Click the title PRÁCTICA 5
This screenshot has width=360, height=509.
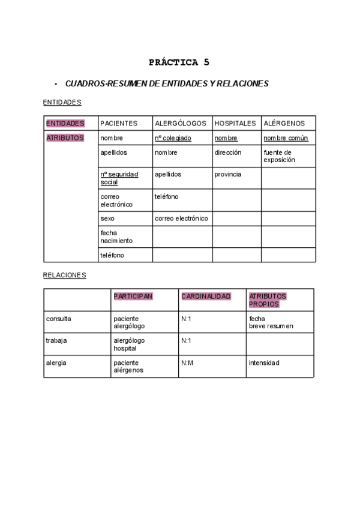coord(179,62)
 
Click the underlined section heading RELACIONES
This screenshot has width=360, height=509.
coord(65,275)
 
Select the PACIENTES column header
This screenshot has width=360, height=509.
coord(119,123)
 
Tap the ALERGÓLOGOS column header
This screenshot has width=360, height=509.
coord(181,123)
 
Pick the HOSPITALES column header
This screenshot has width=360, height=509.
coord(235,123)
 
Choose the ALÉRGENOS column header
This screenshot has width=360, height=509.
coord(284,123)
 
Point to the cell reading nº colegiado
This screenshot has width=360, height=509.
coord(173,138)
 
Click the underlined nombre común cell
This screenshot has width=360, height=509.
coord(286,138)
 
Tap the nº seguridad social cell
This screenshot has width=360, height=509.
coord(119,178)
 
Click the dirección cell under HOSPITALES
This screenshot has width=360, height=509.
coord(228,152)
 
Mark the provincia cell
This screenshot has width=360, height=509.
coord(228,174)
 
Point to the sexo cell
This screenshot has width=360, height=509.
coord(107,218)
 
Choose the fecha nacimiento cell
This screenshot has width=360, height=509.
coord(116,236)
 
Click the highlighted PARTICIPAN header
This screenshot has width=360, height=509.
coord(133,297)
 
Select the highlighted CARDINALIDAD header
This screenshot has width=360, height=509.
coord(206,297)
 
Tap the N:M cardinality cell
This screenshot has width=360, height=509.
coord(187,363)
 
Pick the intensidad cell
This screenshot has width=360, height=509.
coord(264,363)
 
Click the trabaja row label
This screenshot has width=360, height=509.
coord(56,340)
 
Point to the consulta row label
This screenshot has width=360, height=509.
coord(58,319)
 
